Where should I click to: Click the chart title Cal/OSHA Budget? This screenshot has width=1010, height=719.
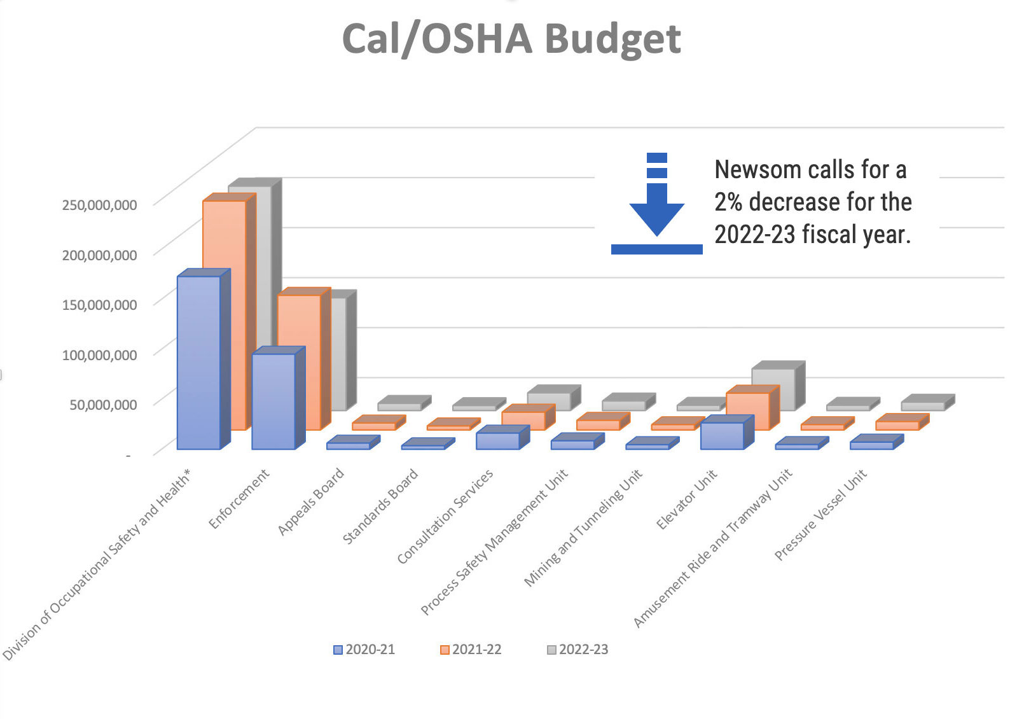[511, 39]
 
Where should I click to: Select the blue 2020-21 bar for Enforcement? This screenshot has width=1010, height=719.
[273, 401]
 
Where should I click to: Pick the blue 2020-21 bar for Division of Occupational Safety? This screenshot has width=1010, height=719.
[198, 363]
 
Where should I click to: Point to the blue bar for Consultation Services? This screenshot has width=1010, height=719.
[497, 441]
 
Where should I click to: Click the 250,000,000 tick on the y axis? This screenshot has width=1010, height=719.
[100, 205]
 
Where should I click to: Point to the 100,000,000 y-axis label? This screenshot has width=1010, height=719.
[100, 355]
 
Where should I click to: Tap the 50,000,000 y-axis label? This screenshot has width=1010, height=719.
[103, 405]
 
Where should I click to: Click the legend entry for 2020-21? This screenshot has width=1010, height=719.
[364, 650]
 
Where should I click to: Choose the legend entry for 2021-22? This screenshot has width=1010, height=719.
[471, 650]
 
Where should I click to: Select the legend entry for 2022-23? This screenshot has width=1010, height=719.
[578, 650]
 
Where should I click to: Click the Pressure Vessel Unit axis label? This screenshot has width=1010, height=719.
[820, 515]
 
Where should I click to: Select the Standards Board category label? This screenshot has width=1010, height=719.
[381, 506]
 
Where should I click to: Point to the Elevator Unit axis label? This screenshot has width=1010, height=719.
[687, 499]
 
